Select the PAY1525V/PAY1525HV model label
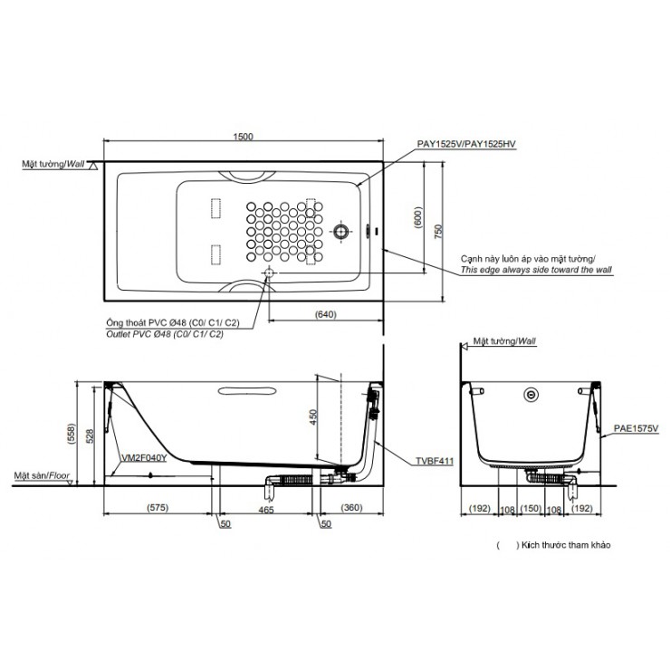(472, 144)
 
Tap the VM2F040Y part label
(144, 458)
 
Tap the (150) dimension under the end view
(532, 510)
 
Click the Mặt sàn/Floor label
(42, 474)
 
